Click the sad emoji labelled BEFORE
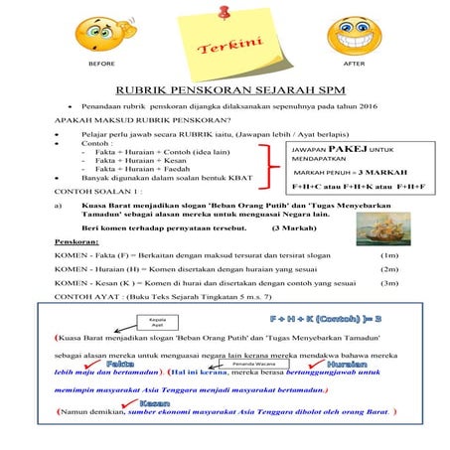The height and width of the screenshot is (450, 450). coord(102,35)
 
